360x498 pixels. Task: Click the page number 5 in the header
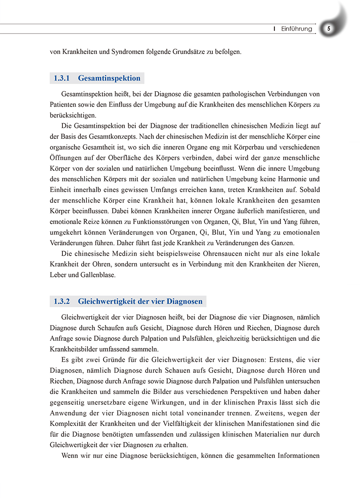click(x=328, y=29)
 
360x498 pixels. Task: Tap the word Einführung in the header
click(x=296, y=29)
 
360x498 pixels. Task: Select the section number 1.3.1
click(x=62, y=78)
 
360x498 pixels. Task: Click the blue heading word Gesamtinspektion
click(x=109, y=78)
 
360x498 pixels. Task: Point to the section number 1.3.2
click(x=62, y=301)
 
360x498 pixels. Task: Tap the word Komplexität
click(x=69, y=424)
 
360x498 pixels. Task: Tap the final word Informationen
click(x=296, y=456)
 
